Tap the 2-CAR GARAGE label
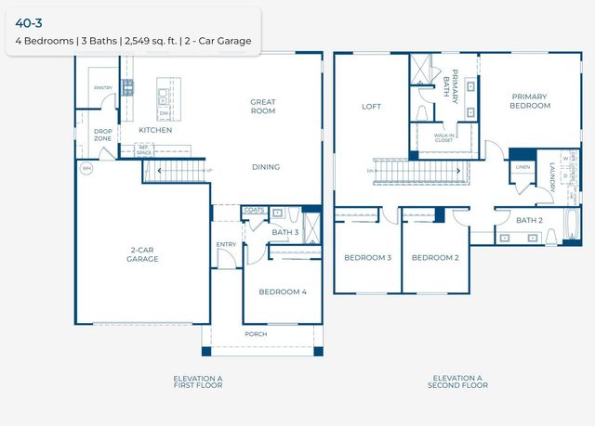pyautogui.click(x=143, y=254)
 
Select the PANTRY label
pyautogui.click(x=102, y=88)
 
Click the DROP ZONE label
pyautogui.click(x=102, y=135)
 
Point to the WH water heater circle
pyautogui.click(x=86, y=168)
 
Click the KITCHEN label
pyautogui.click(x=155, y=131)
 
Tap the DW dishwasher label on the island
pyautogui.click(x=165, y=113)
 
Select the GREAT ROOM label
pyautogui.click(x=265, y=106)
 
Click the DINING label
pyautogui.click(x=266, y=168)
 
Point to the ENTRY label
pyautogui.click(x=226, y=245)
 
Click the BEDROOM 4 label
pyautogui.click(x=282, y=291)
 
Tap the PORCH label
pyautogui.click(x=256, y=334)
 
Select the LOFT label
pyautogui.click(x=372, y=107)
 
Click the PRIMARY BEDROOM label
pyautogui.click(x=530, y=101)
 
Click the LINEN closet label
pyautogui.click(x=522, y=168)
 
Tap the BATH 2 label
pyautogui.click(x=530, y=220)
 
